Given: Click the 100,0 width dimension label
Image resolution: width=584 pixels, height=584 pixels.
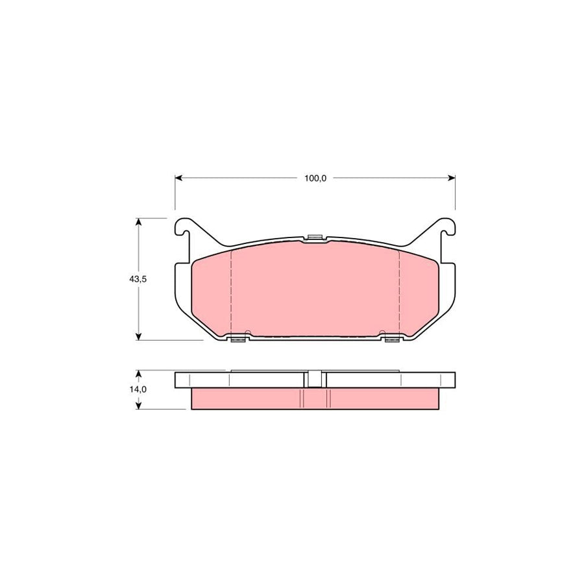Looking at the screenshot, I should pos(315,178).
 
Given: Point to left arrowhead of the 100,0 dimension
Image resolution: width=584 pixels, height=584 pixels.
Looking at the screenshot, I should pos(178,177).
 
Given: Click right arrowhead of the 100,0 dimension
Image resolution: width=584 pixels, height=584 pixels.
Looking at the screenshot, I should pos(452,177).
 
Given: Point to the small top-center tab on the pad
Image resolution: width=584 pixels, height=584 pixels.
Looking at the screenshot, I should pos(315,237).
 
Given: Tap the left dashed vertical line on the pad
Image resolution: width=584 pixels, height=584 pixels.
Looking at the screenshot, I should pos(232,292).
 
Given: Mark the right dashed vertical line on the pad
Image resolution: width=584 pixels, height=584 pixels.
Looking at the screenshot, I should pos(398,292).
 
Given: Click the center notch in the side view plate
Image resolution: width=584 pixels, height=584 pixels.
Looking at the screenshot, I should pos(315,379).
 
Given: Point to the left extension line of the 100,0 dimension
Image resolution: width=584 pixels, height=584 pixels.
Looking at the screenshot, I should pos(175,195).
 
